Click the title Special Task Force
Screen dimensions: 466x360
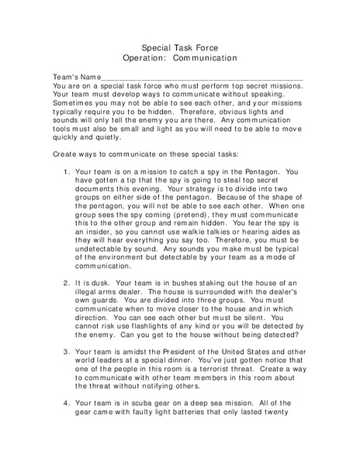(x=179, y=47)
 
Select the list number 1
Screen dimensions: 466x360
(x=63, y=170)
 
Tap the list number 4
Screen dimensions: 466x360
(x=63, y=403)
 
